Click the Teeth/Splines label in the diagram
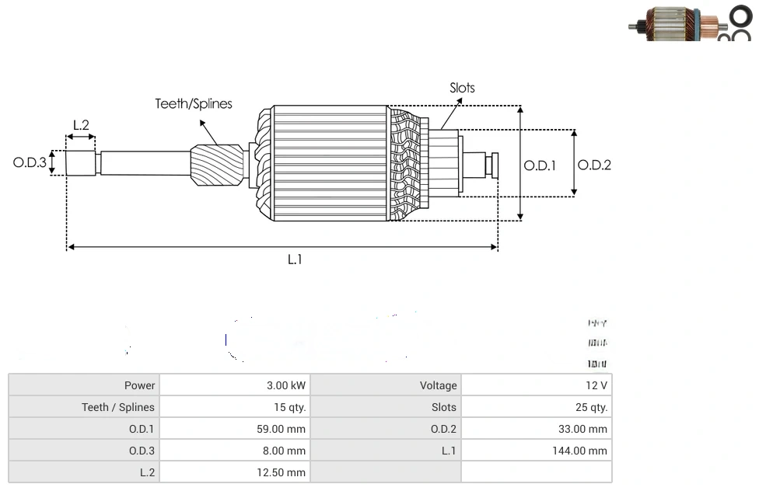(193, 104)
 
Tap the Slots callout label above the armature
(462, 88)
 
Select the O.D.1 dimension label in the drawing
(540, 165)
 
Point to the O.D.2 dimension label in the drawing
(594, 165)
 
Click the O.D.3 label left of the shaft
(30, 163)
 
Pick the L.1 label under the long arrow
(295, 260)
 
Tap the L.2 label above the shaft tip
(81, 125)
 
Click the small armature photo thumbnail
(689, 23)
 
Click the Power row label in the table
(139, 385)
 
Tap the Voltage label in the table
(439, 385)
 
